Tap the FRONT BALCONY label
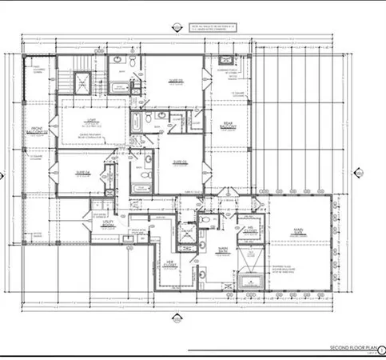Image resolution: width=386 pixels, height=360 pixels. [x=37, y=131]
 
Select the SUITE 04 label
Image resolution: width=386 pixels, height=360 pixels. [x=82, y=172]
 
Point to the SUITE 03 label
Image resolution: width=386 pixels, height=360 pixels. [x=178, y=161]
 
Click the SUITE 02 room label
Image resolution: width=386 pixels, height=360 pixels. [x=175, y=80]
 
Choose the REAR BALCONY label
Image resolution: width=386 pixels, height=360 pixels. [x=227, y=126]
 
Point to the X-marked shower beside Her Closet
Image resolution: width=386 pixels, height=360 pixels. [x=186, y=234]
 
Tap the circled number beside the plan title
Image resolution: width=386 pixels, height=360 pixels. [x=381, y=350]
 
